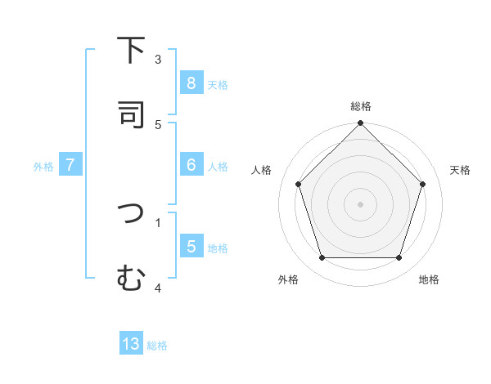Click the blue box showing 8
coord(191,83)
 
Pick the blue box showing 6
coord(191,165)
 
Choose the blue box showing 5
coord(191,247)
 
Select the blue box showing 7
coord(70,165)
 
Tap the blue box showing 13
coord(131,344)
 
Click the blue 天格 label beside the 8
coord(218,84)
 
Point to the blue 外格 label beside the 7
coord(43,166)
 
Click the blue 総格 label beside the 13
coord(157,346)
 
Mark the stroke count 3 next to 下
coord(158,59)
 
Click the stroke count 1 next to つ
coord(158,221)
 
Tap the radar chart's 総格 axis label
coord(361,106)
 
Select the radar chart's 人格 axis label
coord(262,170)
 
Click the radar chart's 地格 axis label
coord(429,279)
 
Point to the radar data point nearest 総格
coord(361,124)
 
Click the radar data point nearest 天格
coord(423,184)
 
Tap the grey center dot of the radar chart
coord(361,203)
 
